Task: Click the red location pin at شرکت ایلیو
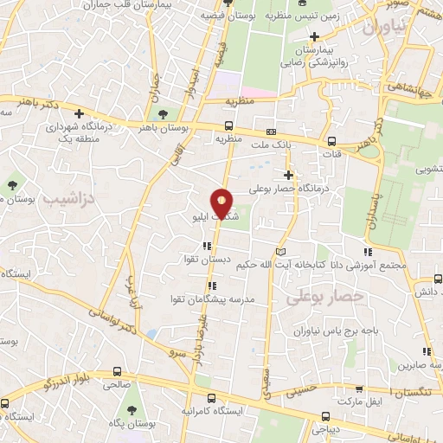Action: [223, 203]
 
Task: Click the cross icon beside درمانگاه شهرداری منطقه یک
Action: [79, 113]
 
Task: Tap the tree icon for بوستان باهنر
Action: [162, 114]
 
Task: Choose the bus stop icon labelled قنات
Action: [333, 142]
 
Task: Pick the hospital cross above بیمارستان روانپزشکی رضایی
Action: [315, 37]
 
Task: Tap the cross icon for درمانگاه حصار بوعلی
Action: [288, 176]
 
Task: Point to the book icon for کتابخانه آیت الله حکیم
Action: [279, 251]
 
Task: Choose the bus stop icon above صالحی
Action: [116, 372]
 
